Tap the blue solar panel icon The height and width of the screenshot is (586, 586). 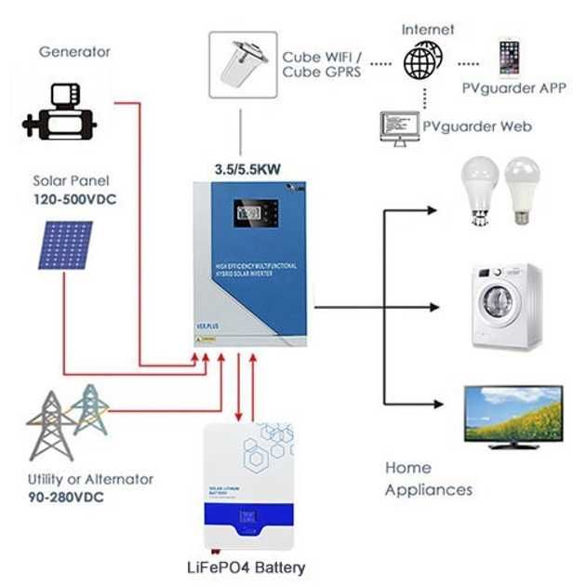(65, 245)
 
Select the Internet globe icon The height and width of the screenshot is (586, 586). (423, 63)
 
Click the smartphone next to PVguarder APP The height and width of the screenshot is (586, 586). (508, 58)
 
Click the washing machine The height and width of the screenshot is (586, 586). (505, 306)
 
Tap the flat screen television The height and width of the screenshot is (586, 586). (513, 415)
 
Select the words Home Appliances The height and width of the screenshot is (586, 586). (428, 478)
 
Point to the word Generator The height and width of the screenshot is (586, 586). (74, 52)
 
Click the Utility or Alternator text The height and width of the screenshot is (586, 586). (90, 479)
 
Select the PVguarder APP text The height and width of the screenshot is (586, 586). (511, 89)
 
